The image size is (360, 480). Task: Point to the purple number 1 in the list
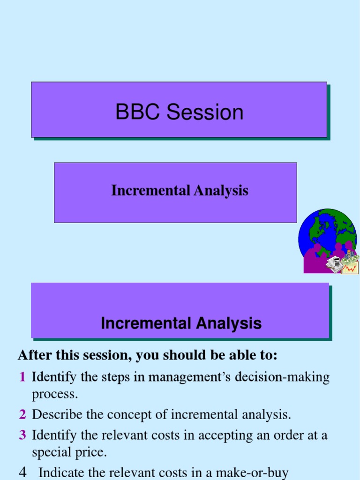coord(22,377)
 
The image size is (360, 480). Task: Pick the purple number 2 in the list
coord(22,414)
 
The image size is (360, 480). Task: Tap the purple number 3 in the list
coord(22,435)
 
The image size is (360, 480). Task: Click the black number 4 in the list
coord(22,472)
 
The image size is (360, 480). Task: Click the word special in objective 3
coord(52,452)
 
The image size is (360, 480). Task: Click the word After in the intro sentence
coord(33,355)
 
